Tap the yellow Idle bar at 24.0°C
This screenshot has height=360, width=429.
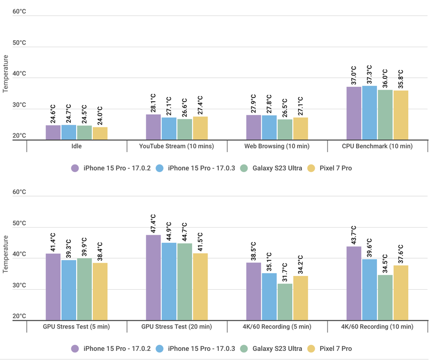point(100,133)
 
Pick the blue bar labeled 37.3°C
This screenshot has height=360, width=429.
point(369,112)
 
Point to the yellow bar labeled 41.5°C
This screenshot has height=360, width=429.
point(200,287)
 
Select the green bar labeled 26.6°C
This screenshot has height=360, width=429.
point(184,129)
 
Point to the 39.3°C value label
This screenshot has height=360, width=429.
point(70,251)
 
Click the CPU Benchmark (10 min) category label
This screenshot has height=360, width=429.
point(378,146)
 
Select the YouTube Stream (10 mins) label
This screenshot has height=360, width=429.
point(176,146)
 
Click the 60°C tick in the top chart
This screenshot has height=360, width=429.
point(19,11)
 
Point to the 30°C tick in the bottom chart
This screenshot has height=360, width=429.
point(19,285)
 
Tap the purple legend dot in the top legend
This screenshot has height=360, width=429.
point(75,168)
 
